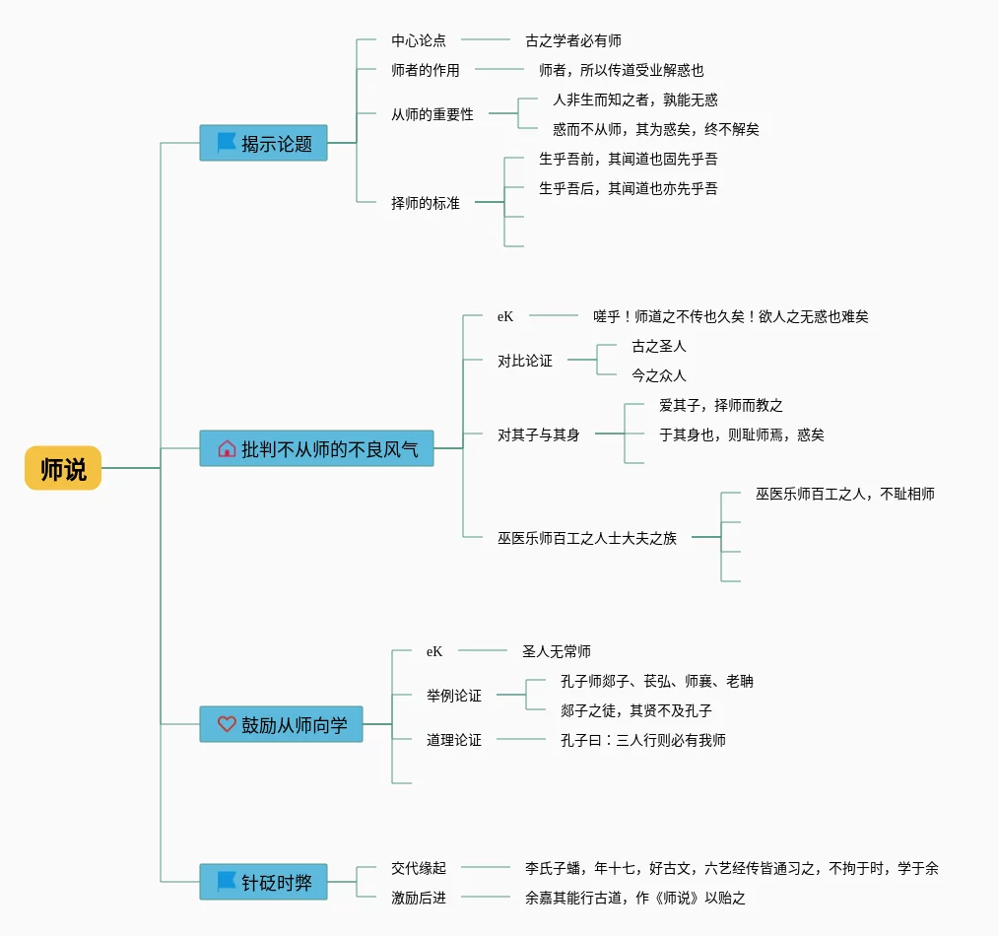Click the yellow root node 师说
click(63, 468)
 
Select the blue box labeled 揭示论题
click(263, 143)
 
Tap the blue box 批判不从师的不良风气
click(316, 448)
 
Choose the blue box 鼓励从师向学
click(281, 724)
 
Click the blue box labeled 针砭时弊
click(263, 882)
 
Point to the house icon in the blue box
click(227, 449)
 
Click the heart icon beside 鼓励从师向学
click(227, 724)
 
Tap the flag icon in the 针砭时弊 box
click(227, 881)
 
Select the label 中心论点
click(418, 40)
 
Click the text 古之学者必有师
click(573, 40)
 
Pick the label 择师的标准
click(426, 203)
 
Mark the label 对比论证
click(525, 361)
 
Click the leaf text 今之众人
click(659, 375)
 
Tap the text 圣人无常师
click(557, 651)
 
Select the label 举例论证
click(454, 696)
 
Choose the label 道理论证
click(454, 740)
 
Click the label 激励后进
click(418, 898)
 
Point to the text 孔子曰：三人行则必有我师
click(643, 740)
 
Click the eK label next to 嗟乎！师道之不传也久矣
click(505, 316)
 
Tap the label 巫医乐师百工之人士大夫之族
click(587, 538)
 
